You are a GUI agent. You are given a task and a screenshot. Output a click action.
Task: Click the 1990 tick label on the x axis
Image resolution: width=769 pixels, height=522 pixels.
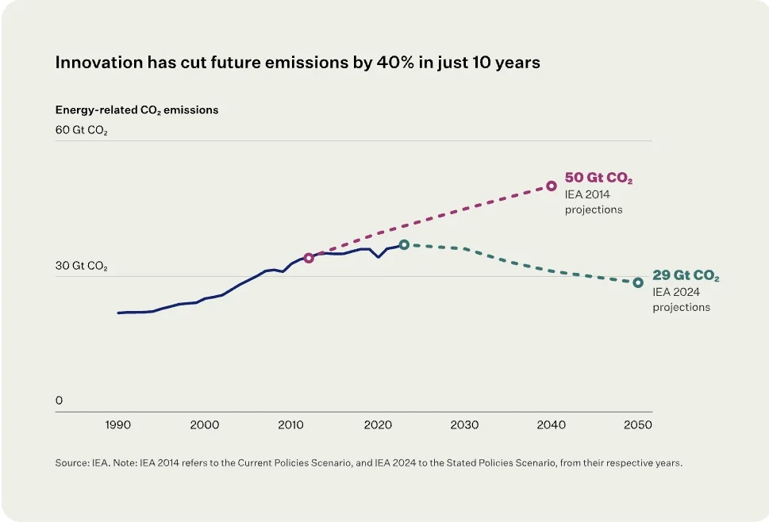117,425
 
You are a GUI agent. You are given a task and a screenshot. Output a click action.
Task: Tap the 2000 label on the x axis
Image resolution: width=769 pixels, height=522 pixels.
205,425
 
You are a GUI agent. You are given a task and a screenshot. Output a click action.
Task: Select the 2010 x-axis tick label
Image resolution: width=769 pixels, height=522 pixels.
290,425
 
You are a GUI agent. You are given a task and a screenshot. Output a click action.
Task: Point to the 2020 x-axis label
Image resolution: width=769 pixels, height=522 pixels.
378,425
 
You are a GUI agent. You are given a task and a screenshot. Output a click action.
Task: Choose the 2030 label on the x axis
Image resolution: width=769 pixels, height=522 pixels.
464,425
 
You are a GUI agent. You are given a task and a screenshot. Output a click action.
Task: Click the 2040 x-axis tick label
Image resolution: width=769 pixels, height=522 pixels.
552,425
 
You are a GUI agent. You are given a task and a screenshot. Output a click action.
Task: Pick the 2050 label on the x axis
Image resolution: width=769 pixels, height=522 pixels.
638,425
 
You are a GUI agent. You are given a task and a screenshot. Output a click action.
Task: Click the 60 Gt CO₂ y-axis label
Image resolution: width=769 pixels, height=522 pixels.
82,130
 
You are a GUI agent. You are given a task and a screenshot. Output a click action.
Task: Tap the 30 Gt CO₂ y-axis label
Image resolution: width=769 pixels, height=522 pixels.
82,266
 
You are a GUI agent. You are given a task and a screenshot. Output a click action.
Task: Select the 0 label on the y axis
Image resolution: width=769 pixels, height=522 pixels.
59,401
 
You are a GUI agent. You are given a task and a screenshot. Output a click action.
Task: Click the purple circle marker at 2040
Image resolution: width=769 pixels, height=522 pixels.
552,186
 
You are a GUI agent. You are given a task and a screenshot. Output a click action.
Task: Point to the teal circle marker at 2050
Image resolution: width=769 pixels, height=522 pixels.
638,282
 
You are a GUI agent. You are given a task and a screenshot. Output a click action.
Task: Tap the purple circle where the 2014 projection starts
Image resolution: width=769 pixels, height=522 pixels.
309,258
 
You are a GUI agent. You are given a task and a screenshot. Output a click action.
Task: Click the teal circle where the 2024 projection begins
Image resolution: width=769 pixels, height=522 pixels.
404,244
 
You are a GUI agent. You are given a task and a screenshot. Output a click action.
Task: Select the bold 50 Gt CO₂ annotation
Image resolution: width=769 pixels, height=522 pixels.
598,178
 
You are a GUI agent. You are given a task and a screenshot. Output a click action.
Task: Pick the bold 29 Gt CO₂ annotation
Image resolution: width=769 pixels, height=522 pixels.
686,275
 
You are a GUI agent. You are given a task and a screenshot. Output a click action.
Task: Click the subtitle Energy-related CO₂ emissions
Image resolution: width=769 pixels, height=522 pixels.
136,109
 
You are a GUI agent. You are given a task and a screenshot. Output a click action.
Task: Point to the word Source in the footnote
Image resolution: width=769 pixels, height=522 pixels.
71,463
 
